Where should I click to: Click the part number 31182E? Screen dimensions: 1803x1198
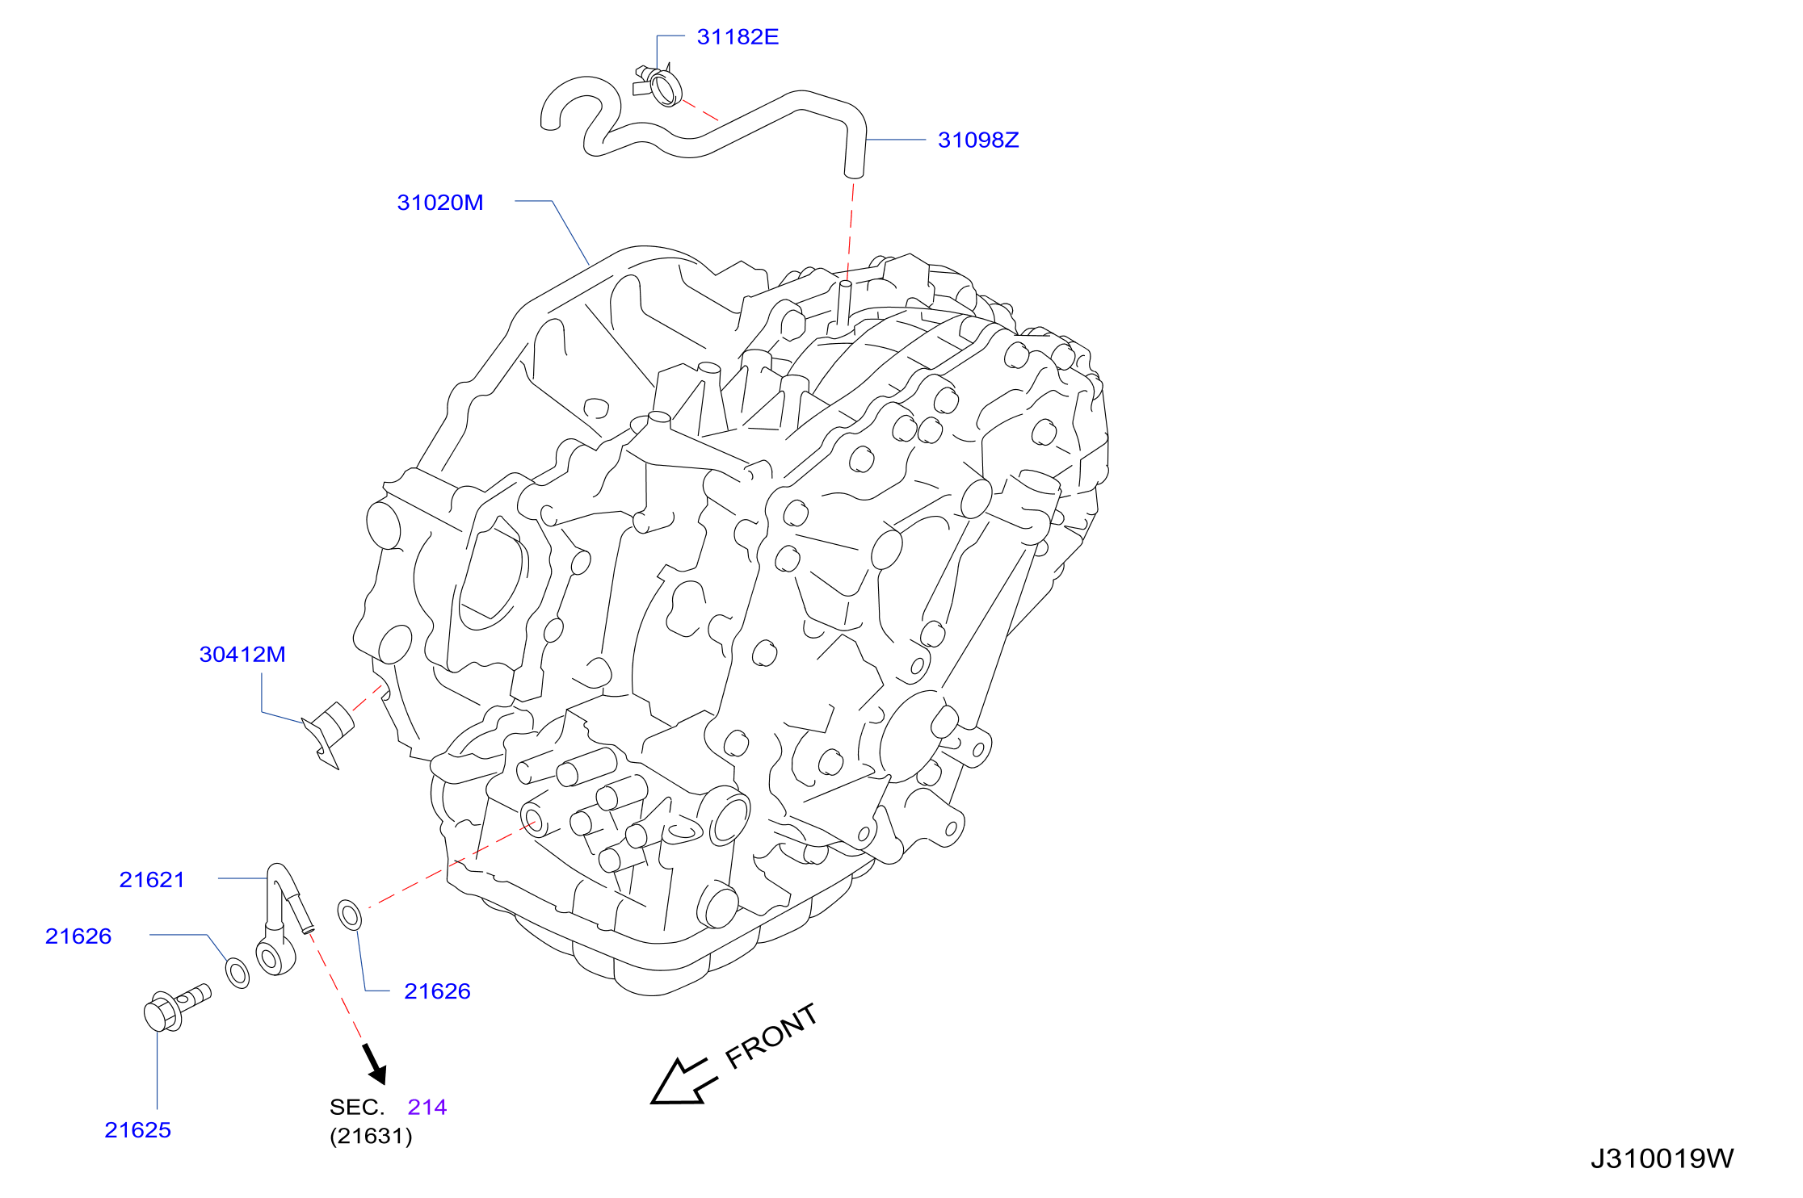click(738, 37)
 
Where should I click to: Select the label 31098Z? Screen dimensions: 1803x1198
click(978, 140)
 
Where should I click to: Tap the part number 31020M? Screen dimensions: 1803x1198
click(440, 203)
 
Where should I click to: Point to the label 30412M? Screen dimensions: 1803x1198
click(242, 655)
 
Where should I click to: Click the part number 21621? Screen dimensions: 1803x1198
click(152, 880)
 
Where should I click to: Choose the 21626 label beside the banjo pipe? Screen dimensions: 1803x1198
click(78, 936)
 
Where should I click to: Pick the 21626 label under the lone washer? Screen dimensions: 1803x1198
click(437, 991)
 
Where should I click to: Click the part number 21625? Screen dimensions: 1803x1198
click(137, 1130)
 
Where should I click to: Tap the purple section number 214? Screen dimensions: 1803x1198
click(427, 1108)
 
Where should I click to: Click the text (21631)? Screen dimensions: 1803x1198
click(371, 1137)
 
